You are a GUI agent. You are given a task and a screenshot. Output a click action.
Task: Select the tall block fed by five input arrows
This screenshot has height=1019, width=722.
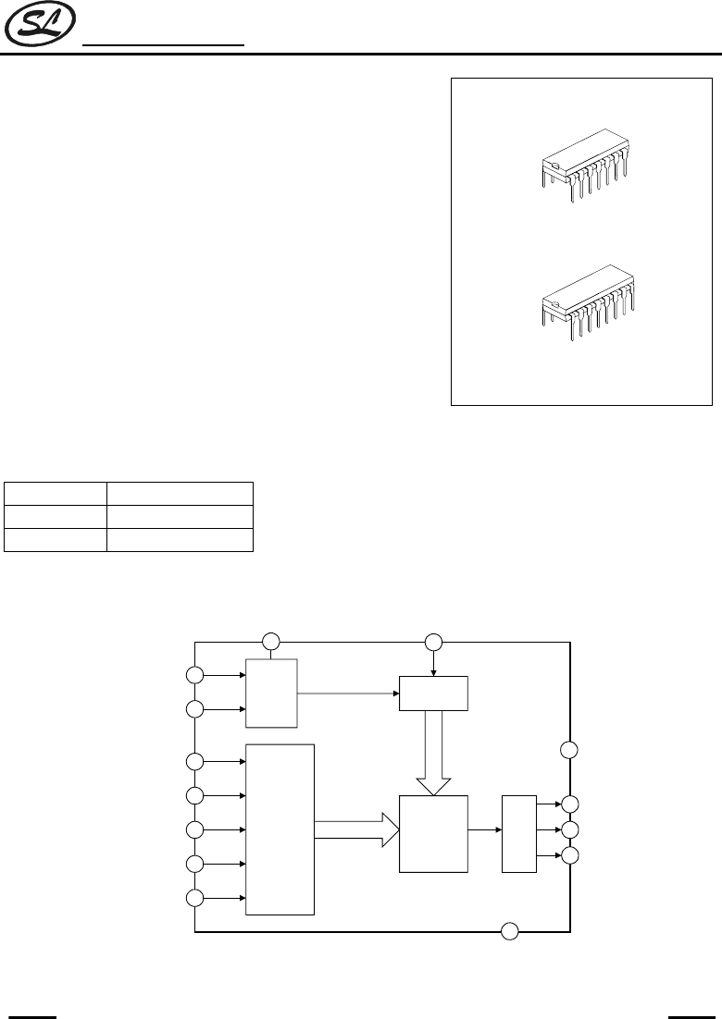(x=280, y=829)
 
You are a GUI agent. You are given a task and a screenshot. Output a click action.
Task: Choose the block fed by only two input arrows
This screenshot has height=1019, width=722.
(x=271, y=693)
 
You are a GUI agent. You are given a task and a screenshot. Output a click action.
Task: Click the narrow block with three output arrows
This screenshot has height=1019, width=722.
(x=518, y=832)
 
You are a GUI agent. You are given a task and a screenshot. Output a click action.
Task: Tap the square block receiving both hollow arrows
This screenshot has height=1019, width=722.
(x=433, y=832)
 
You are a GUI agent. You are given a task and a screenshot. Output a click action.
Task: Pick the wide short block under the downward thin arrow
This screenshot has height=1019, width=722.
(x=433, y=693)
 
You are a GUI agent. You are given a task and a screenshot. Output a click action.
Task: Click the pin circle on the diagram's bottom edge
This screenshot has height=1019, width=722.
(x=509, y=931)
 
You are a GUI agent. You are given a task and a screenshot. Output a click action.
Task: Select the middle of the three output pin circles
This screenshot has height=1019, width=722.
(x=570, y=829)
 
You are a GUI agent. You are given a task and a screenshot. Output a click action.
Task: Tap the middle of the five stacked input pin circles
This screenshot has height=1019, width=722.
(x=194, y=829)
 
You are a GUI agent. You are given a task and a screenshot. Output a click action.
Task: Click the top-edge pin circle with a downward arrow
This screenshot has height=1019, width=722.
(x=433, y=641)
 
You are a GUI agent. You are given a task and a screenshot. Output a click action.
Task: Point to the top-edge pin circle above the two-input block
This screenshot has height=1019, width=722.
(x=270, y=641)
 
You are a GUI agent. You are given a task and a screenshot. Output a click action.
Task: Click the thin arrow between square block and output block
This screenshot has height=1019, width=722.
(x=484, y=830)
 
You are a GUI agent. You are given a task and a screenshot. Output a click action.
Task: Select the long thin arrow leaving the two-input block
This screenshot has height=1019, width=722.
(x=348, y=692)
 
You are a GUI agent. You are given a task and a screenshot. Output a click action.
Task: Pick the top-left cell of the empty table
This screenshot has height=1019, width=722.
(x=56, y=493)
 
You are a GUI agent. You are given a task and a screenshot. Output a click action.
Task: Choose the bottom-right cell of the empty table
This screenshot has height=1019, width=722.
(x=180, y=540)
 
